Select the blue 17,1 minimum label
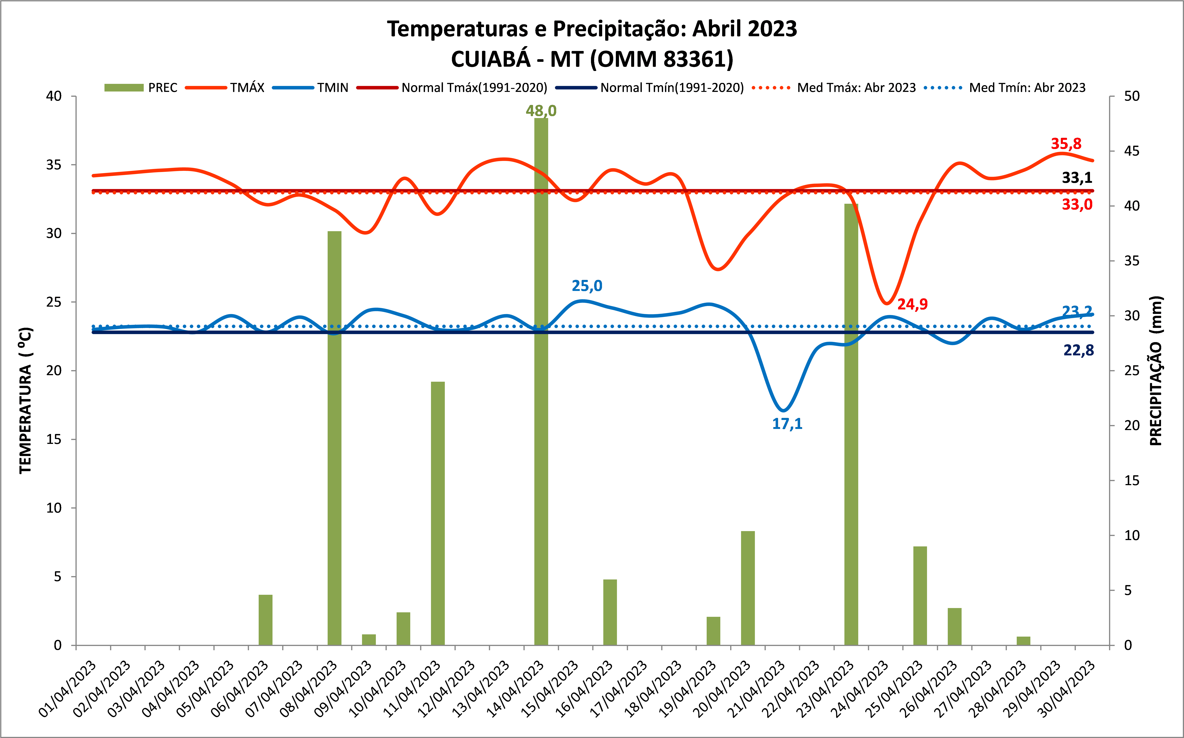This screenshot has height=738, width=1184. (787, 424)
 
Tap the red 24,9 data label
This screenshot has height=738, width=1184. (912, 304)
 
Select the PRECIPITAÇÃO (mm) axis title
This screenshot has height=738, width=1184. (1156, 371)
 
